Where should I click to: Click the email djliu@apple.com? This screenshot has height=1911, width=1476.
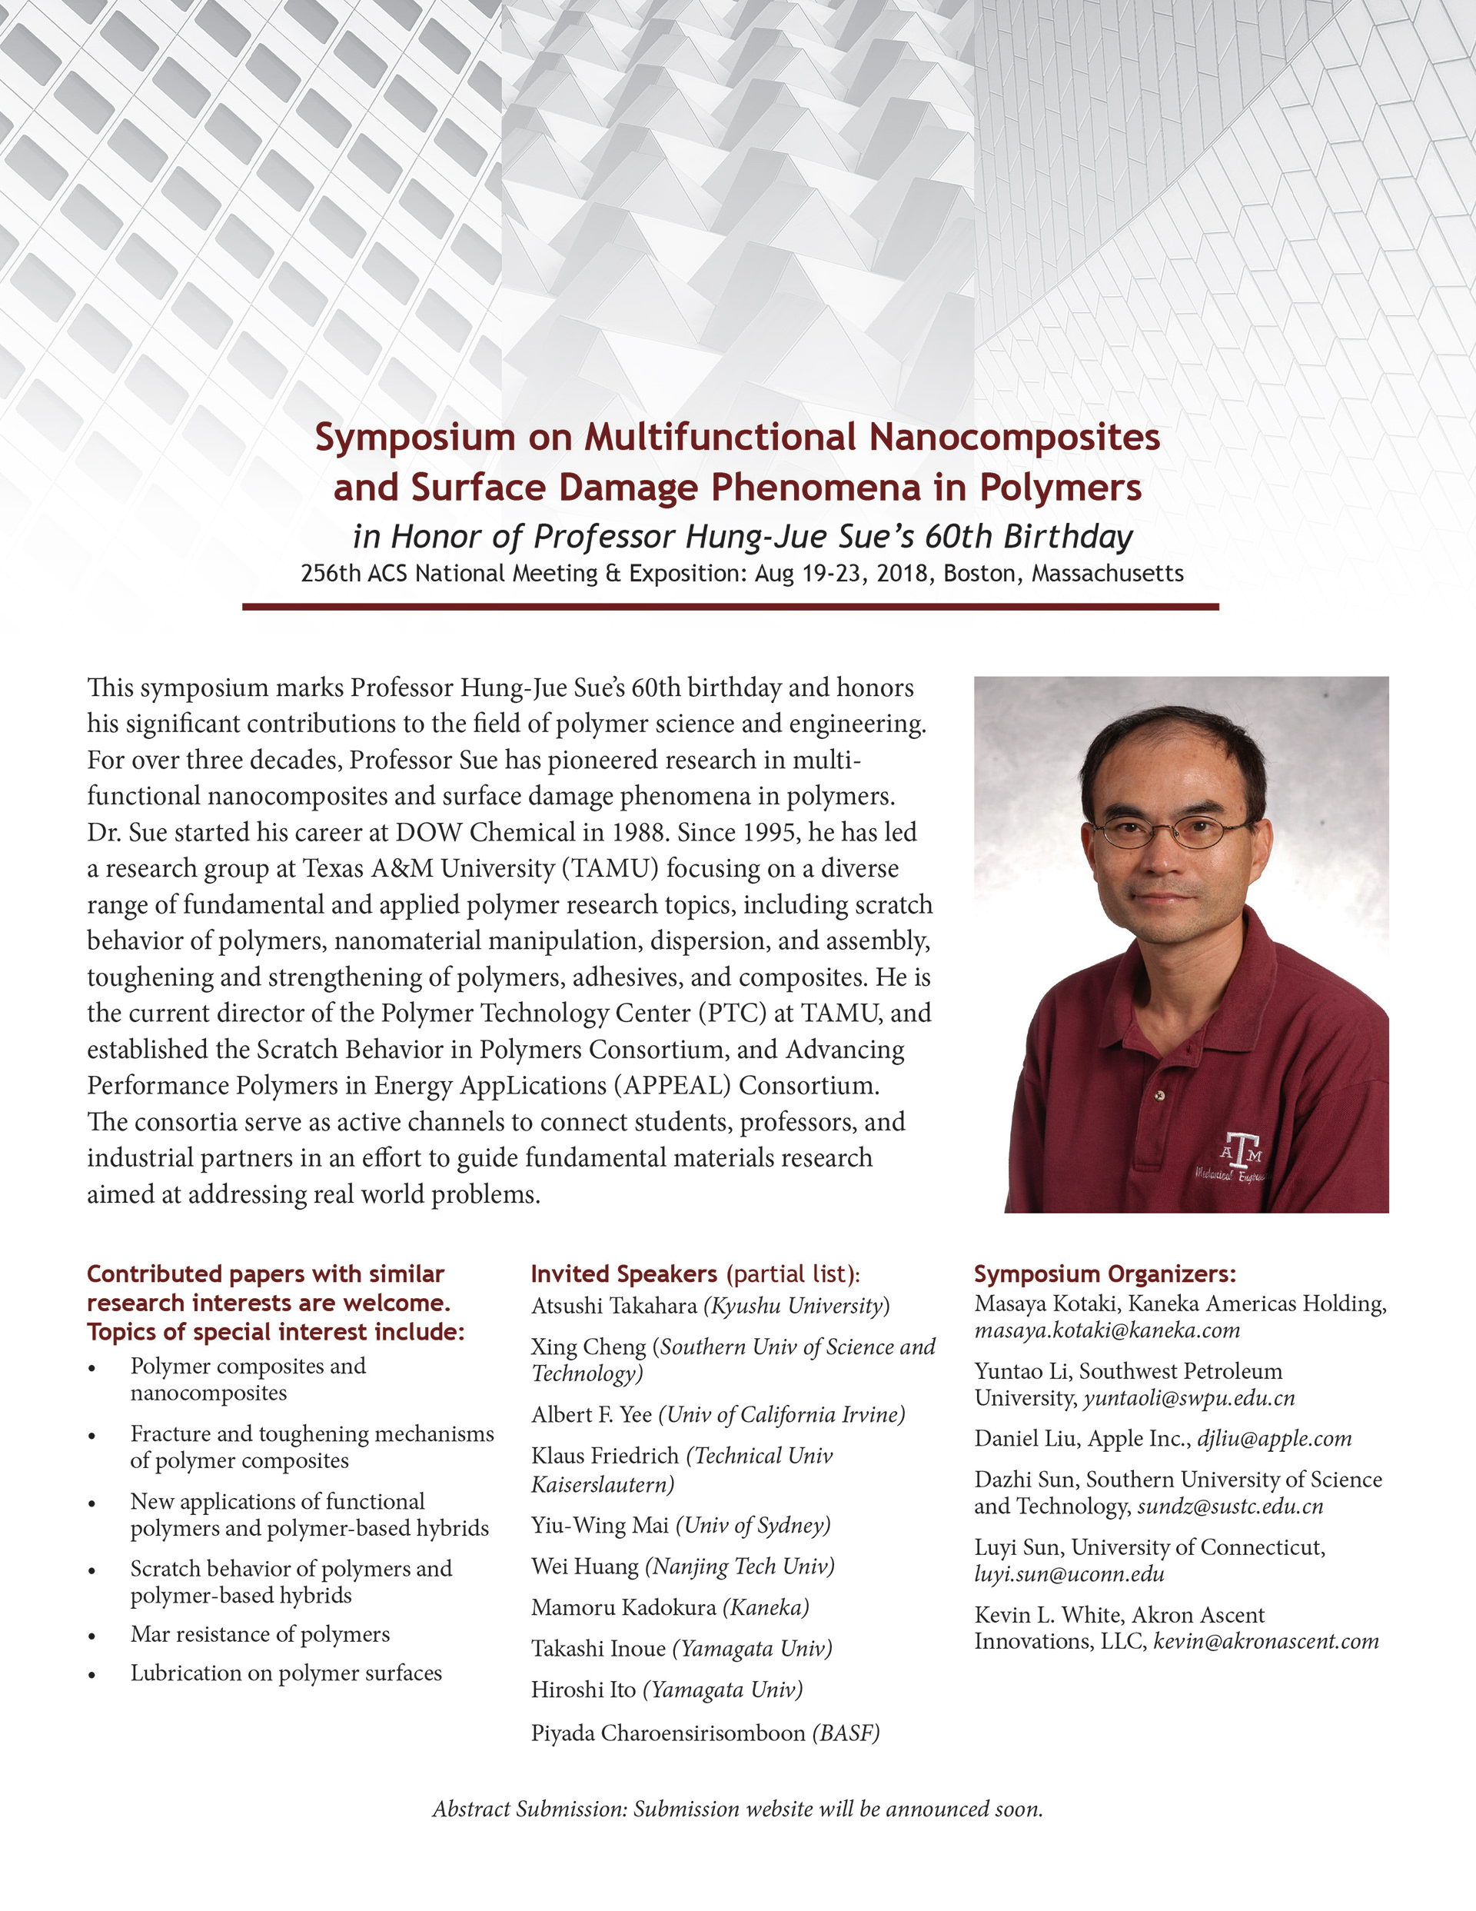(x=1274, y=1439)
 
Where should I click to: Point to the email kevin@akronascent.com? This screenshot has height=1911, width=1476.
(x=1265, y=1642)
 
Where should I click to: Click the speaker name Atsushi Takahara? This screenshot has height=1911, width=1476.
(x=613, y=1307)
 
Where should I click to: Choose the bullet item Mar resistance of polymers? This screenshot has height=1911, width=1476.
(x=260, y=1634)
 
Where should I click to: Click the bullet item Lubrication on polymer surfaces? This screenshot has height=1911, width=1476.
(x=286, y=1673)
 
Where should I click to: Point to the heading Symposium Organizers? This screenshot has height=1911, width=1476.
(x=1105, y=1274)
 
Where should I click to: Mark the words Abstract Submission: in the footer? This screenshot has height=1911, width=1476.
(x=530, y=1809)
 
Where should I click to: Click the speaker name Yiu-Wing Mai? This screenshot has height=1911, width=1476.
(x=600, y=1525)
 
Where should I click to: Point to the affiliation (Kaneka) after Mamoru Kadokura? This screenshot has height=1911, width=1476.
(x=765, y=1607)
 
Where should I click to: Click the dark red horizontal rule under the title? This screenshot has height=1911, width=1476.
(x=730, y=607)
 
